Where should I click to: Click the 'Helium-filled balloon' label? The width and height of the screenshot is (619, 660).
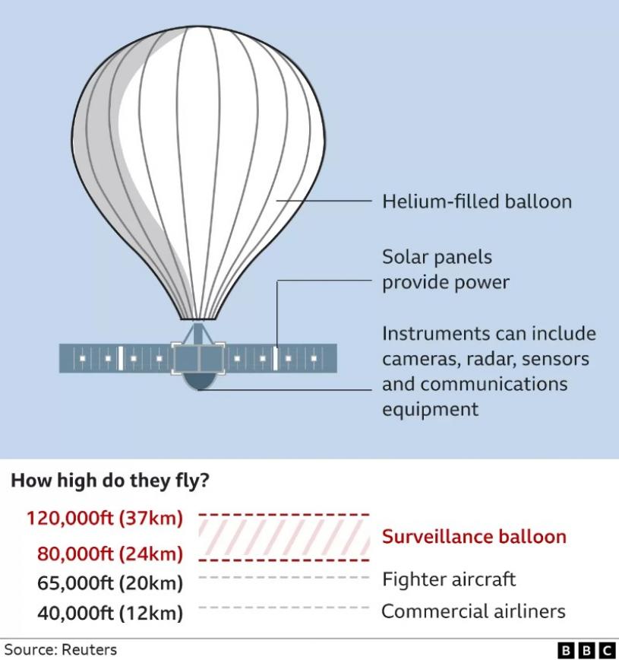477,201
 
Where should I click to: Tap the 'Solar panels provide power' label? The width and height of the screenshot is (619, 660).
445,270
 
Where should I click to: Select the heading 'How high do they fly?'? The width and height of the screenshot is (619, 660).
110,481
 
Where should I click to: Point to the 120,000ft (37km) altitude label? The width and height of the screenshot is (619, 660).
105,518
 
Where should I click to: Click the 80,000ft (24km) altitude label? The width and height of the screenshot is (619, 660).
110,554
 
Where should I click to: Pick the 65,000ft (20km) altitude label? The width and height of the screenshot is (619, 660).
110,583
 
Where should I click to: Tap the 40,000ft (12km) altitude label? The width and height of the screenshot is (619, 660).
110,613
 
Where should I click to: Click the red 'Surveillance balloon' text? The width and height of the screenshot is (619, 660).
474,537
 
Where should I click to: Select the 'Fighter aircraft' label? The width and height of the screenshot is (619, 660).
449,579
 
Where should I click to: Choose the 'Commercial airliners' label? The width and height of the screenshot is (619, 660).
473,611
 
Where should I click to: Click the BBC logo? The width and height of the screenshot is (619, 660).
586,650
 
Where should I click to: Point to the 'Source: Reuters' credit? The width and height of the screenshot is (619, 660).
61,650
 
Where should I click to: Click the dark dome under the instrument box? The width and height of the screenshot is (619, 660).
199,381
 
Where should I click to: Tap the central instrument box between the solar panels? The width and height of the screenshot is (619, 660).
198,358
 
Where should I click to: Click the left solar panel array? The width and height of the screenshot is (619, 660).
115,358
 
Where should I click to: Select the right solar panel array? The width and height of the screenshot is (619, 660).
281,358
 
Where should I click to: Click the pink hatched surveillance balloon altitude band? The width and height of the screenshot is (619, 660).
284,538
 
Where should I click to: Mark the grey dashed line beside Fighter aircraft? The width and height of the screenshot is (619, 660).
284,578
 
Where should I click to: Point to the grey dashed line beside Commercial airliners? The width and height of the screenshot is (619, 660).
284,608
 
